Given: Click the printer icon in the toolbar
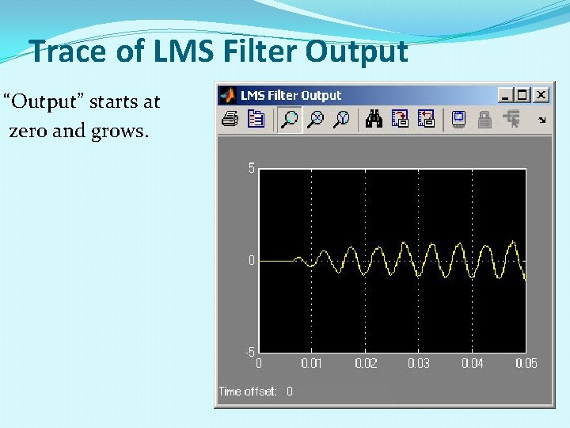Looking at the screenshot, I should coord(230,120).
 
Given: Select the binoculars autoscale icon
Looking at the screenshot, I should coord(374,120).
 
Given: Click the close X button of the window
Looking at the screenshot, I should coord(541,95).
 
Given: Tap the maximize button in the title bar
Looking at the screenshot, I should coord(523,95).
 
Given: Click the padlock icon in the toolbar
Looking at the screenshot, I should coord(484,120).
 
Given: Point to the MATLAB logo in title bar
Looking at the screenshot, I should coord(228,95).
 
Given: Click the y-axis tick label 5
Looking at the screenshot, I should coord(251,168).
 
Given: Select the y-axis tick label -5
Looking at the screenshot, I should coord(249,352).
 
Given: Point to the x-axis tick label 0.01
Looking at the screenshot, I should coord(311,363).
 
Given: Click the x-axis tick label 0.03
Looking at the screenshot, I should coord(419,363).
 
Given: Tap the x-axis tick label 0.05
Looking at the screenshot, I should coord(526,363).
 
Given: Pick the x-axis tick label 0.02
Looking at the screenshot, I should coord(365,363).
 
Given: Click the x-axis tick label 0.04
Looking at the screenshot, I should coord(473,363).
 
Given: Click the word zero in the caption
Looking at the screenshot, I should coord(28,131).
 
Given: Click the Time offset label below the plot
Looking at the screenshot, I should coord(248,392).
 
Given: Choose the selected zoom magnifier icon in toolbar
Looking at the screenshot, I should coord(290,120).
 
